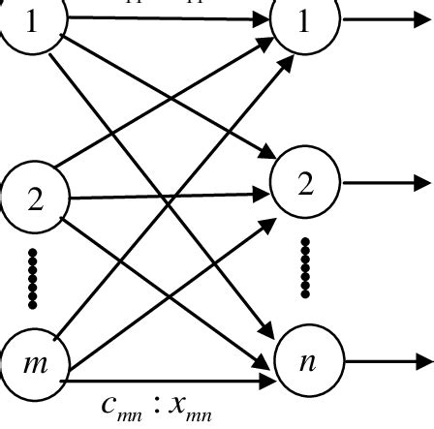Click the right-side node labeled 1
[306, 21]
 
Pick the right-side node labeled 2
[306, 182]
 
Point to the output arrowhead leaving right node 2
[418, 182]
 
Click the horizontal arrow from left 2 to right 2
[165, 197]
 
